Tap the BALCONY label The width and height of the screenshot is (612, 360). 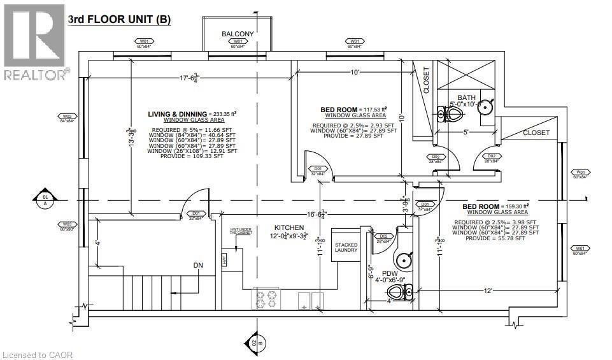(238, 34)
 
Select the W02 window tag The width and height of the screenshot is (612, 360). (67, 117)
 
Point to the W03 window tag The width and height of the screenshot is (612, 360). (67, 225)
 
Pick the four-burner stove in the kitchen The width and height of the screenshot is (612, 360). (267, 297)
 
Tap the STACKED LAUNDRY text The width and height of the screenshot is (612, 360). (346, 246)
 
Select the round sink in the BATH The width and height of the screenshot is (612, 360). (485, 106)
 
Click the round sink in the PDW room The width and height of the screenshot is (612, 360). (403, 259)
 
